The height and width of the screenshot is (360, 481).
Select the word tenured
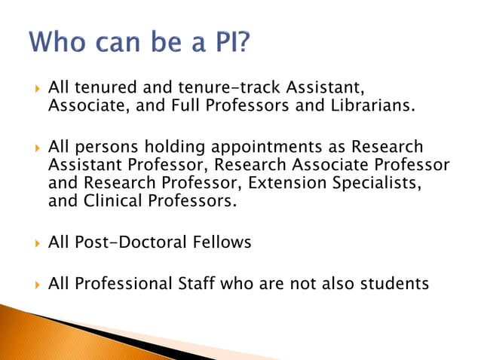coord(104,89)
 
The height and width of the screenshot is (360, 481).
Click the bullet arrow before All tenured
coord(37,90)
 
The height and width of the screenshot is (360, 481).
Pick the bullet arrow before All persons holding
coord(37,148)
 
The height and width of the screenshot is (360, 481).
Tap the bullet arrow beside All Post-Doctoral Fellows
coord(37,243)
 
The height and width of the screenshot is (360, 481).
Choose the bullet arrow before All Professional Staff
coord(37,285)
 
